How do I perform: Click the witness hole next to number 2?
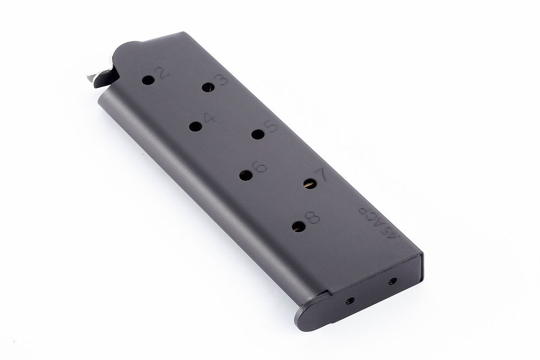pyautogui.click(x=148, y=80)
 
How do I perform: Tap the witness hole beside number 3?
pyautogui.click(x=207, y=87)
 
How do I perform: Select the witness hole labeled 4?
pyautogui.click(x=195, y=126)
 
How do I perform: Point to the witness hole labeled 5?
pyautogui.click(x=257, y=134)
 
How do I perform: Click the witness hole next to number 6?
pyautogui.click(x=246, y=175)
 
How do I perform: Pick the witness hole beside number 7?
pyautogui.click(x=310, y=184)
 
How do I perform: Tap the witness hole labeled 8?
pyautogui.click(x=299, y=226)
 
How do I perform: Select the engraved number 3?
pyautogui.click(x=221, y=80)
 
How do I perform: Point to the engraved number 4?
pyautogui.click(x=209, y=119)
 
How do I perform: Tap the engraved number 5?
pyautogui.click(x=271, y=127)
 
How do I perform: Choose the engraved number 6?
pyautogui.click(x=260, y=166)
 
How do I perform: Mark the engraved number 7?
pyautogui.click(x=323, y=176)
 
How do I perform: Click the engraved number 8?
pyautogui.click(x=314, y=218)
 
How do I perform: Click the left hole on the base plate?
pyautogui.click(x=349, y=301)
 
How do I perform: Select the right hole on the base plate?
pyautogui.click(x=392, y=281)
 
